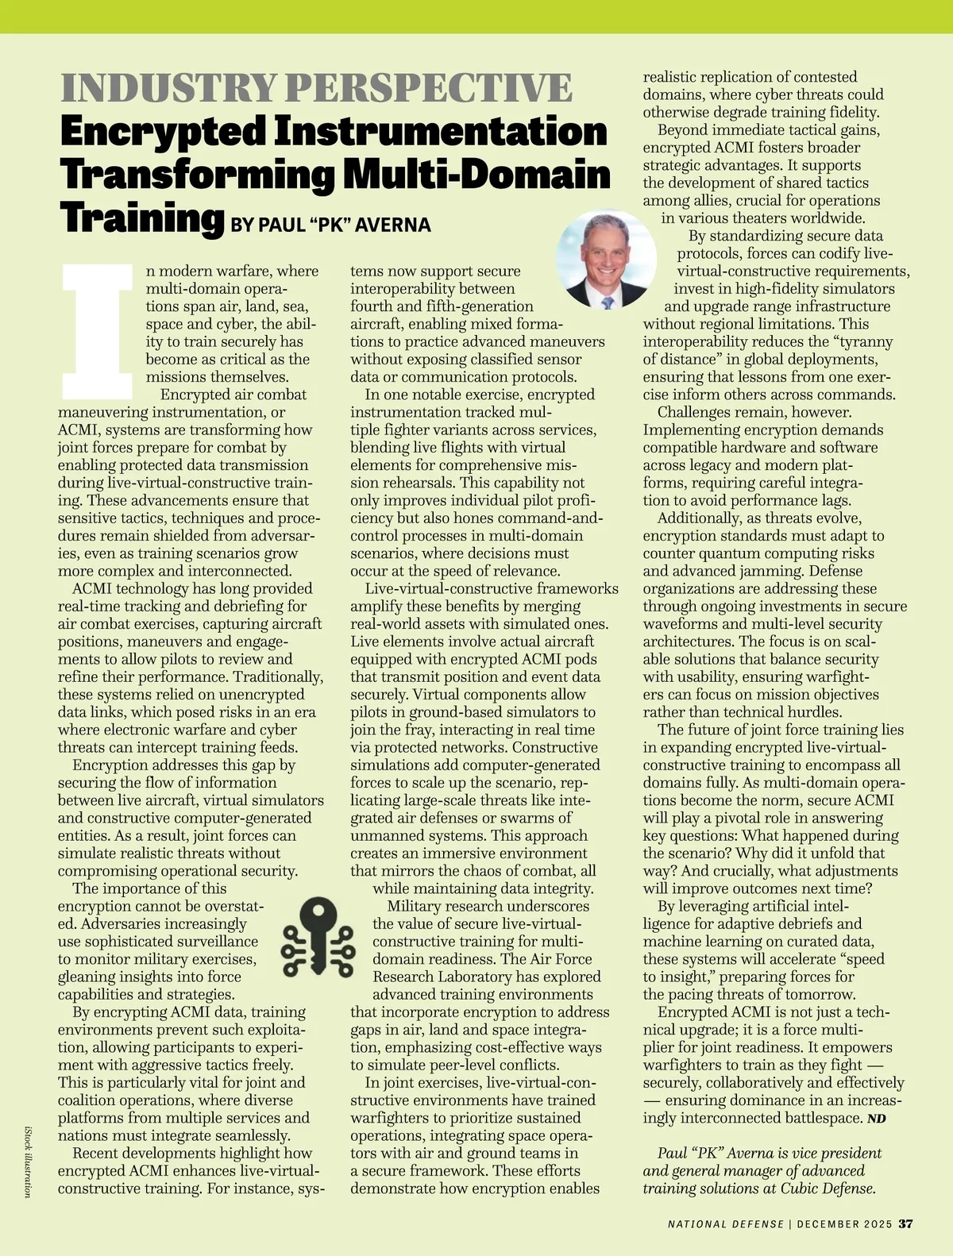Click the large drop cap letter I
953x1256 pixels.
pos(97,332)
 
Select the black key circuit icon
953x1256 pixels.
pos(319,937)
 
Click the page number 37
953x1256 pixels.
pos(905,1223)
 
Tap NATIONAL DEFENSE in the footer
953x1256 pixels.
pos(726,1224)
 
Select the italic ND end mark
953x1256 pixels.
pos(876,1119)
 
